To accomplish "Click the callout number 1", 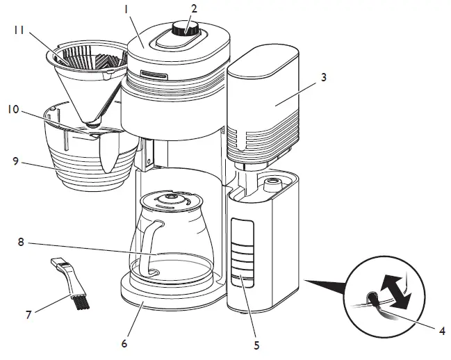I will click(126, 10).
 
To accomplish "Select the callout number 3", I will click(323, 79).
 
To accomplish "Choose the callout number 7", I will click(28, 315).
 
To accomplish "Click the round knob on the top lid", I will click(183, 29).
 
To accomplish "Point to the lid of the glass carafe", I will click(170, 200).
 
